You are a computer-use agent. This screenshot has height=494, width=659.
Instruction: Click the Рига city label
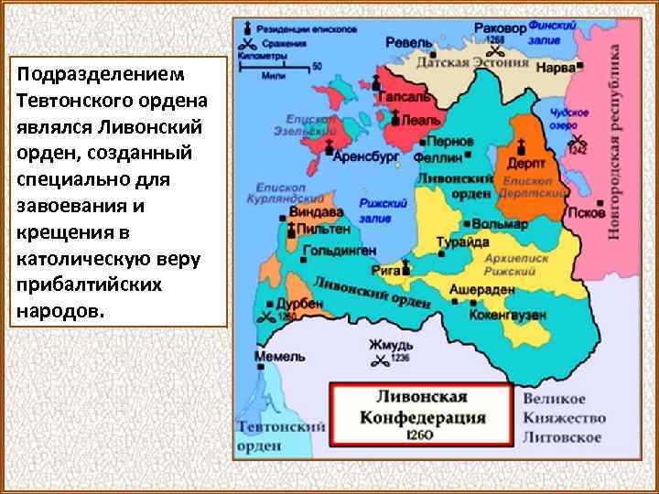point(384,271)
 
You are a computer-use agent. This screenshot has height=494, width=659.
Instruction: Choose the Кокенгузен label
point(507,314)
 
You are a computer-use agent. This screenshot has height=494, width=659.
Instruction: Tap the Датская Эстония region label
point(472,63)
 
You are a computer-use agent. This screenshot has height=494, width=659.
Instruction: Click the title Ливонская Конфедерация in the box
point(421,406)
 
